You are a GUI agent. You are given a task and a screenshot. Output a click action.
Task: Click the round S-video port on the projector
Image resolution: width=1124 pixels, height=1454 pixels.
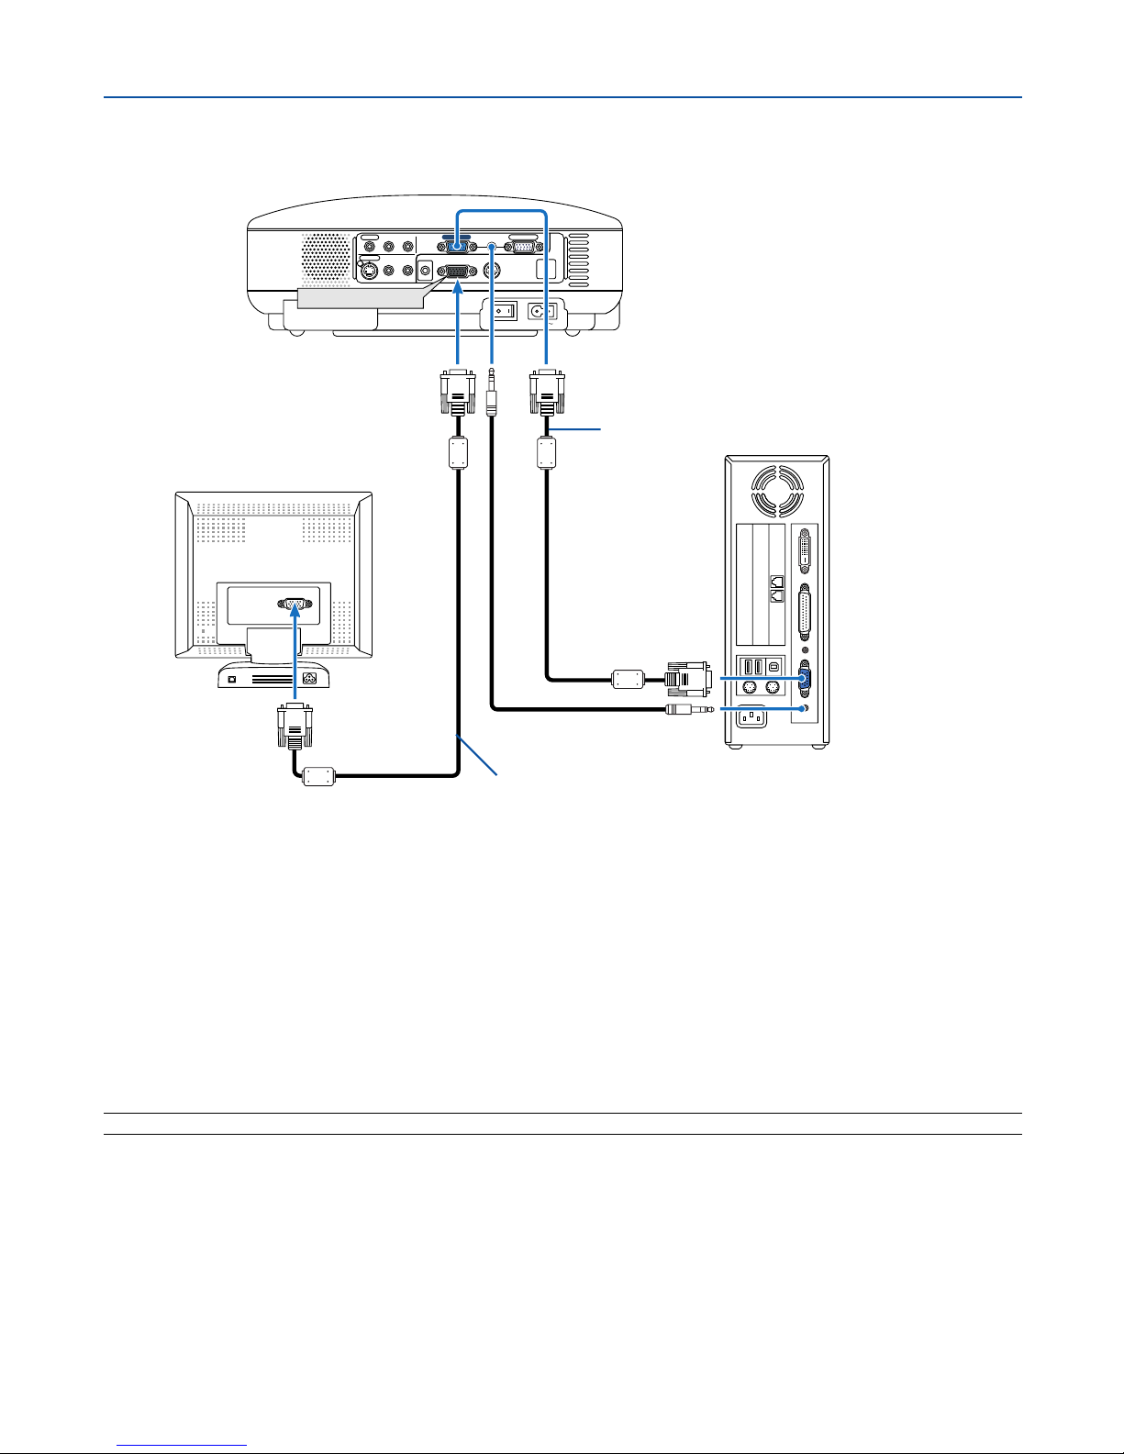pyautogui.click(x=369, y=271)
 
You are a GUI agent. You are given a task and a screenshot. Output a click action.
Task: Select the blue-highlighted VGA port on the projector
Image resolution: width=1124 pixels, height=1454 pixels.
pyautogui.click(x=457, y=248)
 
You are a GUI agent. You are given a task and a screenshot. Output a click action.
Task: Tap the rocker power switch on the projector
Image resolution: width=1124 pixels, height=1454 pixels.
pyautogui.click(x=502, y=311)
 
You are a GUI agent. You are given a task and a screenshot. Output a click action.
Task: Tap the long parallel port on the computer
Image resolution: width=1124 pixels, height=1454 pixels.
pyautogui.click(x=806, y=612)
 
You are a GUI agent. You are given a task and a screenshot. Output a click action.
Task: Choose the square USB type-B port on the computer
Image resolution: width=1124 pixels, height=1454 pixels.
pyautogui.click(x=775, y=667)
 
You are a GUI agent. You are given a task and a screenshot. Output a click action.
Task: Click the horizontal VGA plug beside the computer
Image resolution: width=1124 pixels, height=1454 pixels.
pyautogui.click(x=684, y=680)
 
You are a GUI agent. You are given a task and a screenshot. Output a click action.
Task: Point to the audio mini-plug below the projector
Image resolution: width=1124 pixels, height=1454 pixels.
pyautogui.click(x=493, y=393)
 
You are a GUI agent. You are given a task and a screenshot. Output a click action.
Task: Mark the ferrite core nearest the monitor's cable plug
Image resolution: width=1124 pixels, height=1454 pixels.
pyautogui.click(x=320, y=776)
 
